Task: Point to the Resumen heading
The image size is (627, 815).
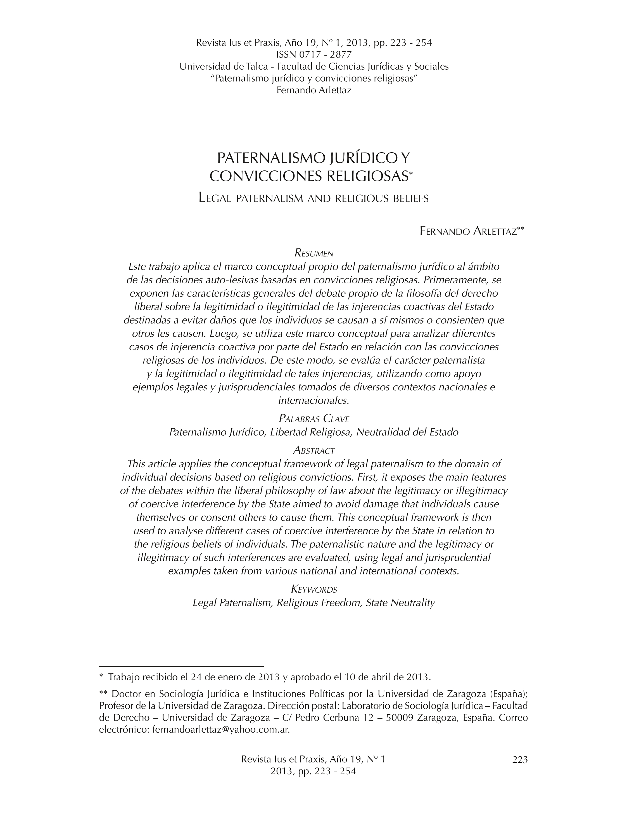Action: coord(313,253)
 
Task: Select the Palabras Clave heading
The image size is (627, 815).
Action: coord(314,418)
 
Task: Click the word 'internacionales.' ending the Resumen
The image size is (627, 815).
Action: coord(313,401)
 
